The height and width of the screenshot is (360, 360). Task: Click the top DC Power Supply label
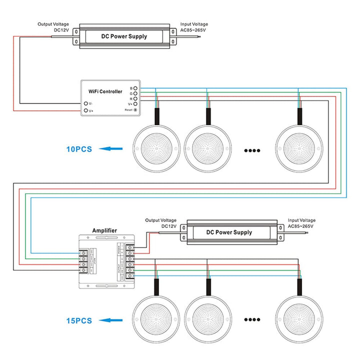124,36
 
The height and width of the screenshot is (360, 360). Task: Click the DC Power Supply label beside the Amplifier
229,232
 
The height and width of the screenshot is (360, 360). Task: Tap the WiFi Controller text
105,92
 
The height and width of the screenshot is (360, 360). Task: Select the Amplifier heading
104,230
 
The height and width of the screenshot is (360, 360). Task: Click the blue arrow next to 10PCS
110,148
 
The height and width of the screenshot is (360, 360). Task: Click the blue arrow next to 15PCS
110,320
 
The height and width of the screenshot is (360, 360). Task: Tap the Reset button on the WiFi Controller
135,109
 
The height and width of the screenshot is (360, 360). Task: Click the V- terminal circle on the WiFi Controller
86,103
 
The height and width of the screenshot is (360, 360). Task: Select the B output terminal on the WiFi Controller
135,88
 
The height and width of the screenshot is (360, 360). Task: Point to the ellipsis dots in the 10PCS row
252,149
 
